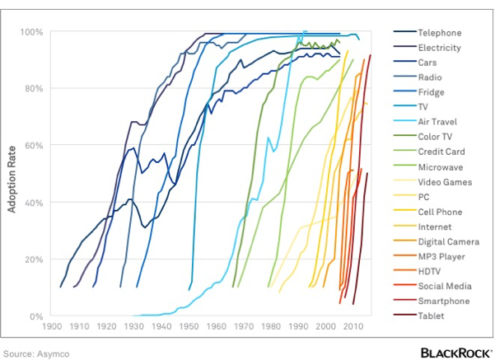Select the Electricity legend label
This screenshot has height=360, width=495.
pos(440,48)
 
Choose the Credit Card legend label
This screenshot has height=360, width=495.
pos(441,152)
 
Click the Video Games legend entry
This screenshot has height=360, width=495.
pos(445,181)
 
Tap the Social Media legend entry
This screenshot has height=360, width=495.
pos(445,286)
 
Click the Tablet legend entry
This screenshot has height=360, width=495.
pos(432,316)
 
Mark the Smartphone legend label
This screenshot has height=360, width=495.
pos(444,301)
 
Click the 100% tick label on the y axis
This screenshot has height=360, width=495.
pos(32,32)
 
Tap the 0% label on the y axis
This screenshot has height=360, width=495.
pos(37,316)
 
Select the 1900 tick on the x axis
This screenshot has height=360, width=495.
pos(53,327)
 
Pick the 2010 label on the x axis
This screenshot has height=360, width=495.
pos(353,327)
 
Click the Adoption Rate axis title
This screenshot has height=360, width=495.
pos(12,174)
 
